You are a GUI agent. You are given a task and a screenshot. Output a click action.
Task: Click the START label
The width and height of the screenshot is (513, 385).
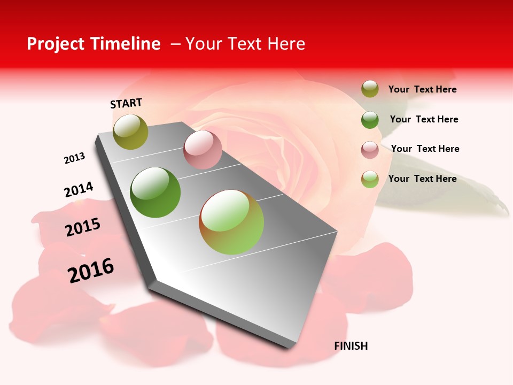(126, 103)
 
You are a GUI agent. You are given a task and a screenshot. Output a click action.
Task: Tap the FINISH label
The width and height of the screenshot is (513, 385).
(351, 346)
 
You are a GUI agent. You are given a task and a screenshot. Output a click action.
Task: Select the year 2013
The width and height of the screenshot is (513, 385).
(74, 158)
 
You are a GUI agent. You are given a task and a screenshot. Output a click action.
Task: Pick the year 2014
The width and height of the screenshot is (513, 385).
(79, 190)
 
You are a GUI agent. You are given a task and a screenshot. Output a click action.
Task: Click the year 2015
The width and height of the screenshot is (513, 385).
(83, 227)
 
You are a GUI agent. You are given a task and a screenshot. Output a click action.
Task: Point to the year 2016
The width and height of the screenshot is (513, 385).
(91, 271)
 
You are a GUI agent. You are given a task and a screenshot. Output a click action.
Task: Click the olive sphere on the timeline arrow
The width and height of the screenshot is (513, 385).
(130, 132)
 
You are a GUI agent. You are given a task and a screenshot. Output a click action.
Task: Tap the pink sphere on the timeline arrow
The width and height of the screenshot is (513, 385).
(203, 150)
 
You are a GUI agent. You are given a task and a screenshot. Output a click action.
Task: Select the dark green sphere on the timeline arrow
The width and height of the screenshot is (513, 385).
(156, 192)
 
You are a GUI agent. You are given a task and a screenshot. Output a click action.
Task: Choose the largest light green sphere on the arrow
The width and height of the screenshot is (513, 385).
(231, 222)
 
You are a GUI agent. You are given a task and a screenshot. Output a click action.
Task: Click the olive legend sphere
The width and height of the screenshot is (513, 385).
(370, 89)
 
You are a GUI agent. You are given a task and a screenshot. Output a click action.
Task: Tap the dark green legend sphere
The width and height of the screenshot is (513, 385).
(370, 120)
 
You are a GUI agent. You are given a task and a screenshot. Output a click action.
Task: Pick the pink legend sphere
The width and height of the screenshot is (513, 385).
(370, 150)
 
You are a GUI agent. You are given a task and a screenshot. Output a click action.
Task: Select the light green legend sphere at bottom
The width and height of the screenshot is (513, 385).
(370, 179)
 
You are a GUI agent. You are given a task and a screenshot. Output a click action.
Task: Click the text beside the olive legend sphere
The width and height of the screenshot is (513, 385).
(422, 89)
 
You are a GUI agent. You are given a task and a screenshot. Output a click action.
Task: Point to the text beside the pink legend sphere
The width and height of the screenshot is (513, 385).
(425, 149)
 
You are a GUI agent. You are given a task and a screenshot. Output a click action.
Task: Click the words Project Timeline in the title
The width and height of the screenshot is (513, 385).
(94, 44)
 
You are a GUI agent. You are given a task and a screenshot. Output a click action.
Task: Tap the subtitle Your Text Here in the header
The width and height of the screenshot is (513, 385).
(245, 44)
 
